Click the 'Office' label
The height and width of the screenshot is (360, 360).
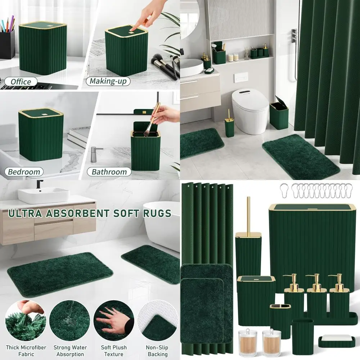tap(21, 82)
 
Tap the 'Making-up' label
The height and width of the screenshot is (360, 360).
tap(108, 81)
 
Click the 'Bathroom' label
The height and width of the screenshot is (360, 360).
tap(109, 172)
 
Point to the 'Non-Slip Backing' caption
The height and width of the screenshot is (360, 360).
tap(157, 351)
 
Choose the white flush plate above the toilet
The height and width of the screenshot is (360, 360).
tap(240, 77)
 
